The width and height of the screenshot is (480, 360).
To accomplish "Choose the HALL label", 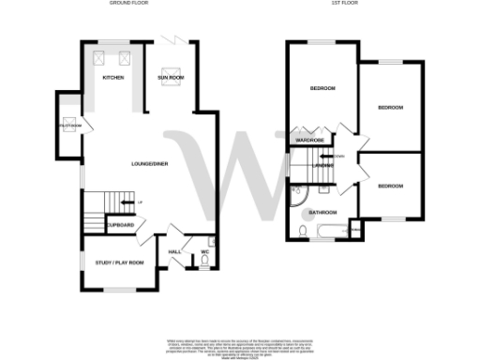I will coord(174,251).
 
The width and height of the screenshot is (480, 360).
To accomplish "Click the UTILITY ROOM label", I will coord(70,125).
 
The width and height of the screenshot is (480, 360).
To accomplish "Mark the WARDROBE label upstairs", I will coord(309,140).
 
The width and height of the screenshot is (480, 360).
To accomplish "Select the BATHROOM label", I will coord(324,213).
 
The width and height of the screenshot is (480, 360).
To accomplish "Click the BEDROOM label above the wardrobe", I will coord(323,89).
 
